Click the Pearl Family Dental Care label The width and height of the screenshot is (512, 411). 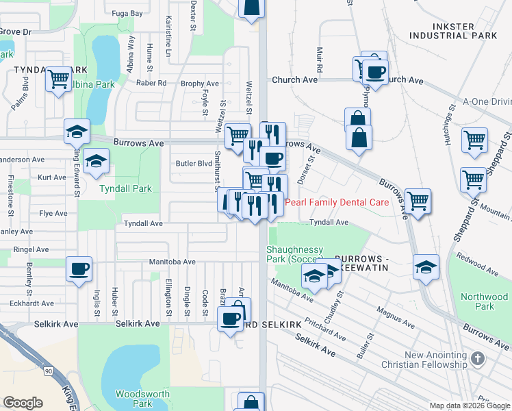[x=337, y=202]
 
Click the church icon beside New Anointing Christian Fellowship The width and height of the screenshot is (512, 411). [x=478, y=359]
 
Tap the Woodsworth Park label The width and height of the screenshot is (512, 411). [x=133, y=399]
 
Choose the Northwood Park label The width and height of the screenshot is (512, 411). [x=485, y=301]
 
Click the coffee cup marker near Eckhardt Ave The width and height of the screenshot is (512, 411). [x=78, y=268]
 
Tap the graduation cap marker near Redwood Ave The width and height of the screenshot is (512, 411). [x=426, y=266]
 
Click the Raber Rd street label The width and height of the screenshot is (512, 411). [x=151, y=83]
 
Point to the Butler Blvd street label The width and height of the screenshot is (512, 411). [x=194, y=164]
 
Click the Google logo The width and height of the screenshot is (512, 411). [x=23, y=403]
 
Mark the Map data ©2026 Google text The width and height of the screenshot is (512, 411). [x=469, y=406]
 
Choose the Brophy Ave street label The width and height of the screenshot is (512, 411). [x=200, y=84]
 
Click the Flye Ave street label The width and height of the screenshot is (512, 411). [x=53, y=214]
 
